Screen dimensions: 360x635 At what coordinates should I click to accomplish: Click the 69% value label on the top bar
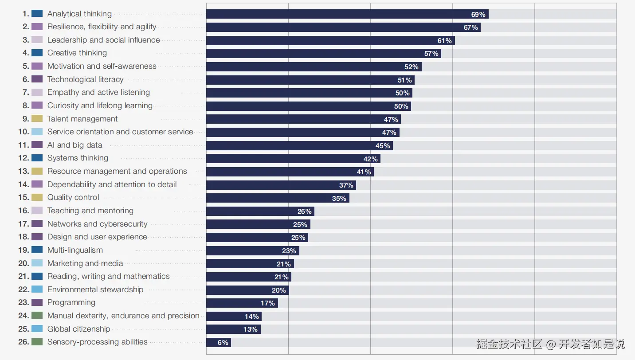coord(478,15)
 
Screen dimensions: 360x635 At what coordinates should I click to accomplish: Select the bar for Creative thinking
coord(323,54)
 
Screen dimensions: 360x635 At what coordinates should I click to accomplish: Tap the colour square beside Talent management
coord(37,119)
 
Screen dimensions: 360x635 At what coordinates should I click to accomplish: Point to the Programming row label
coord(71,302)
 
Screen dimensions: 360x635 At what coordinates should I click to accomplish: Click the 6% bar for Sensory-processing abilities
coord(218,342)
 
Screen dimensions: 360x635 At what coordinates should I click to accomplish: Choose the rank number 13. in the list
coord(24,171)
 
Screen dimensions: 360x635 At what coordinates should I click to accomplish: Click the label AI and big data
coord(74,145)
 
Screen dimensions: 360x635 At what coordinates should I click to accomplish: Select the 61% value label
coord(444,41)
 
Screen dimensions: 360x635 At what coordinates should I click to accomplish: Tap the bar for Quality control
coord(278,198)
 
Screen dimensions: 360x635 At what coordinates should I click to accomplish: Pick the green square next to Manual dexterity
coord(37,316)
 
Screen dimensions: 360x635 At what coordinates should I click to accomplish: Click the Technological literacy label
coord(86,79)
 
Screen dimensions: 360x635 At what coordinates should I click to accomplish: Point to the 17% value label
coord(267,303)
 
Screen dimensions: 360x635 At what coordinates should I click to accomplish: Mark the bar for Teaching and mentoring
coord(260,211)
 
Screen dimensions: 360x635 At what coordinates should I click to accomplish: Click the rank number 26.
coord(24,342)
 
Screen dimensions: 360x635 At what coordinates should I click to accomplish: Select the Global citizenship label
coord(79,329)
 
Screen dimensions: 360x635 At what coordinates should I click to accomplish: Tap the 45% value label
coord(383,146)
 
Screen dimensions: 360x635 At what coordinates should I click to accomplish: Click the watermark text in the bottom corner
coord(550,344)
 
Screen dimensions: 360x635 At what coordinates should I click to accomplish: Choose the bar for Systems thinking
coord(293,159)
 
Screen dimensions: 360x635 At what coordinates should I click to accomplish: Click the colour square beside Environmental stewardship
coord(37,290)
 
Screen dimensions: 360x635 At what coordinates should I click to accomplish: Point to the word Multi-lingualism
coord(75,250)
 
